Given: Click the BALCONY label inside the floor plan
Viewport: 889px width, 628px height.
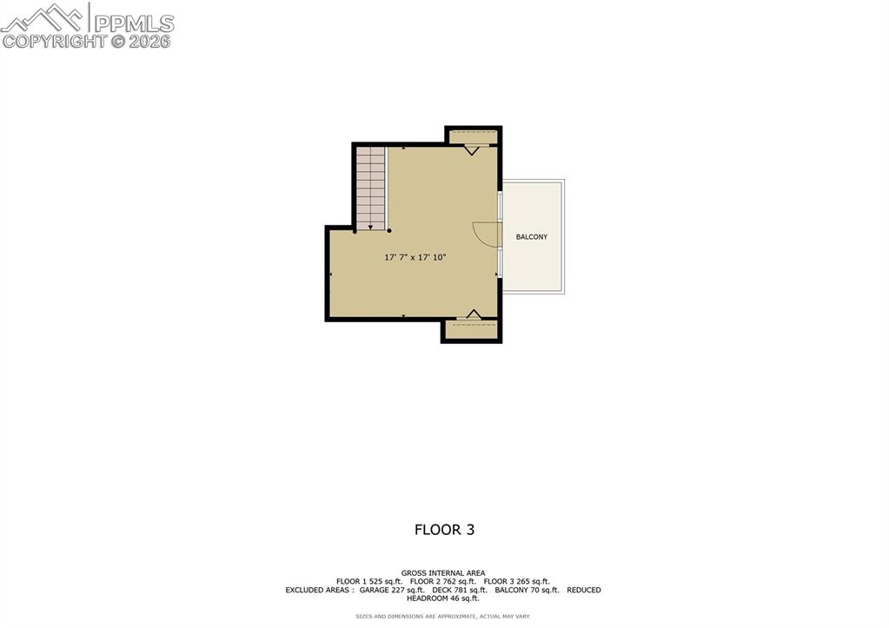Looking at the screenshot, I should pos(532,237).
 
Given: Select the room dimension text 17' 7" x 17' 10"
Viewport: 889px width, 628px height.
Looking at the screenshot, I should pos(415,257).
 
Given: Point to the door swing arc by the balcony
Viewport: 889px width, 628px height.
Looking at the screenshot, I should pos(486,235).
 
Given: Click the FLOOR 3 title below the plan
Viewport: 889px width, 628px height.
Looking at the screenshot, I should pos(444,529).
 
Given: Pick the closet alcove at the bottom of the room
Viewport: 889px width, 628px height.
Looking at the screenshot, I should pos(472,330).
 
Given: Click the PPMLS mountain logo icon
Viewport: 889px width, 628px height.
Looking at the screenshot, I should pos(44,18).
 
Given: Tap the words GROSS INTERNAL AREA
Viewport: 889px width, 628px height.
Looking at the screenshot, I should pos(443,573).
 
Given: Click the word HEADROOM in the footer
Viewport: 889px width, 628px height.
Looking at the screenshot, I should pos(426,598).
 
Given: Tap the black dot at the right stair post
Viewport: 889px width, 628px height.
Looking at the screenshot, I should pos(389,231).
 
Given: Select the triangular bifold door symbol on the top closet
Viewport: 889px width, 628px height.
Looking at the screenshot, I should pos(471,149).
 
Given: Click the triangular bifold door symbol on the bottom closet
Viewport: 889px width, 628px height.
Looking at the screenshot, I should pos(474,314).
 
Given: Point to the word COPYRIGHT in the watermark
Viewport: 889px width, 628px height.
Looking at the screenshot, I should pos(54,41).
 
